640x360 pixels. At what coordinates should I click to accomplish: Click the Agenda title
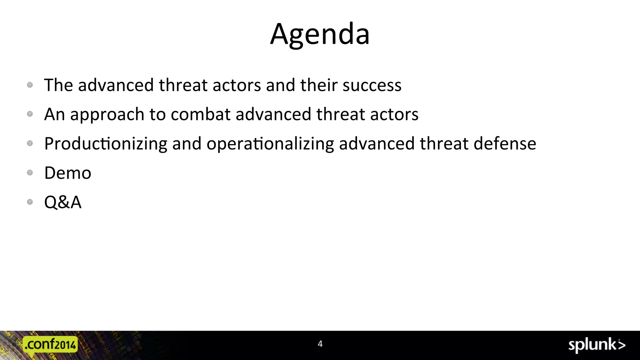click(x=320, y=34)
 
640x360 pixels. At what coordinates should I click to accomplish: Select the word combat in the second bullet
click(x=200, y=114)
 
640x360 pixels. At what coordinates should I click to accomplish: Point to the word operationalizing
click(x=270, y=144)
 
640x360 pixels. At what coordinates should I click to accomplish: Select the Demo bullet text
click(x=68, y=173)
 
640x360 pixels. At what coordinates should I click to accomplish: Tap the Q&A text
click(x=63, y=202)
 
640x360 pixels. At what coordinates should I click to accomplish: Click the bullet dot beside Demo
click(x=30, y=172)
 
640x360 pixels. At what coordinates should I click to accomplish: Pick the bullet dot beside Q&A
click(x=30, y=202)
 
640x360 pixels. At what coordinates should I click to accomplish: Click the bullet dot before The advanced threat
click(x=30, y=85)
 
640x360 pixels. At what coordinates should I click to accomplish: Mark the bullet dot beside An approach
click(x=30, y=114)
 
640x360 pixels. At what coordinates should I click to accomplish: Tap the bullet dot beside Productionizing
click(x=30, y=143)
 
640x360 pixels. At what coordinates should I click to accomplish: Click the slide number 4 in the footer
click(x=320, y=344)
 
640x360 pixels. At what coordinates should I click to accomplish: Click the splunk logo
click(x=597, y=345)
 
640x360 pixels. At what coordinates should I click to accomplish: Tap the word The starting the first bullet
click(x=58, y=85)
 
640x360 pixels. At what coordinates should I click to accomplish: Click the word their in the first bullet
click(x=318, y=85)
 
